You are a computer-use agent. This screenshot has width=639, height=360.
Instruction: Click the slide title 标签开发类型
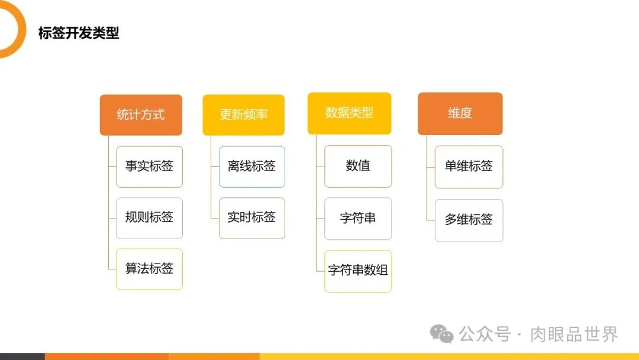(x=79, y=33)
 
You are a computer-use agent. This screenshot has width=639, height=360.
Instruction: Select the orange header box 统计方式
(x=141, y=115)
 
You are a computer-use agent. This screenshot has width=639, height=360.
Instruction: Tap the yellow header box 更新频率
(x=243, y=115)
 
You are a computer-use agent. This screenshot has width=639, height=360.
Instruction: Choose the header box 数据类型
(x=349, y=113)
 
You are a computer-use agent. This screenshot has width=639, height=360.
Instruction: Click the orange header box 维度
(x=460, y=113)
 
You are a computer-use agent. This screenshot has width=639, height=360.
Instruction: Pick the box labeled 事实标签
(x=149, y=166)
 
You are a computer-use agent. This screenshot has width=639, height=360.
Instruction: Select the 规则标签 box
(x=149, y=218)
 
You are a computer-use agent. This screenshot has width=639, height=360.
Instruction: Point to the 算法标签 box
(x=149, y=269)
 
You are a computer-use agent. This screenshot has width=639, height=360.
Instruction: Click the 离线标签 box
(x=251, y=166)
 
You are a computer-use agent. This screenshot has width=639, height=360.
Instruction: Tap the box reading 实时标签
(x=251, y=218)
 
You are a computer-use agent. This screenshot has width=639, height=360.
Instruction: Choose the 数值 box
(x=358, y=166)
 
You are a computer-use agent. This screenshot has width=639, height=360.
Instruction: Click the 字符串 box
(x=358, y=218)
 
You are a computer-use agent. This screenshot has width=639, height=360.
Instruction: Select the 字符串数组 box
(x=358, y=271)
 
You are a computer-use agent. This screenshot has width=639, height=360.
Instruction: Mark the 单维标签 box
(x=469, y=167)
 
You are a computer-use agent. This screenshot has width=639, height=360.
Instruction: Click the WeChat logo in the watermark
(x=442, y=334)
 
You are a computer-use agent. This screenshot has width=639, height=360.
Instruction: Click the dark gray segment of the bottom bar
(x=22, y=356)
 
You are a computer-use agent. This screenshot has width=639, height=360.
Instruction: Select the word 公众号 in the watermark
(x=485, y=335)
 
